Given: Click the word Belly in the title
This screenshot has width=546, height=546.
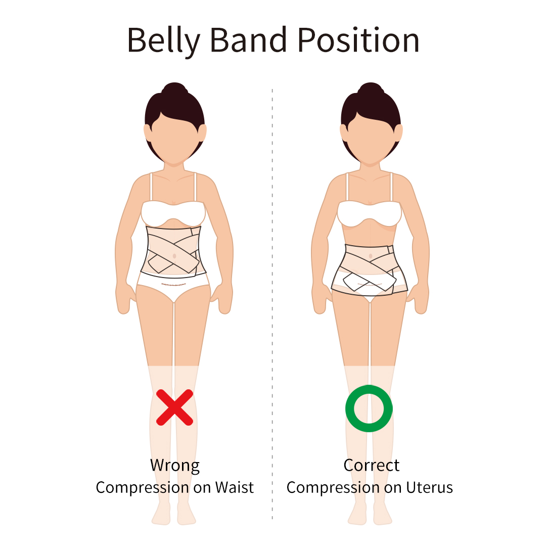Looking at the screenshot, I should (x=163, y=40).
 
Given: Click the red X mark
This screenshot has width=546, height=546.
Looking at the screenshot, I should (x=174, y=407).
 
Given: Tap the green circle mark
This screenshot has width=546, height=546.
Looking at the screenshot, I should (x=369, y=408).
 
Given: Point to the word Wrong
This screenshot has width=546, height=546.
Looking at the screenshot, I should (x=174, y=465).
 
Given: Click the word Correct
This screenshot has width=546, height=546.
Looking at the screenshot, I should (x=372, y=465).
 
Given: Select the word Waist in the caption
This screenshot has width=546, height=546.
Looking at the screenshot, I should (x=234, y=487).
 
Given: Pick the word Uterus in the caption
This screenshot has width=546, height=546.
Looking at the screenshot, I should (x=429, y=487).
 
